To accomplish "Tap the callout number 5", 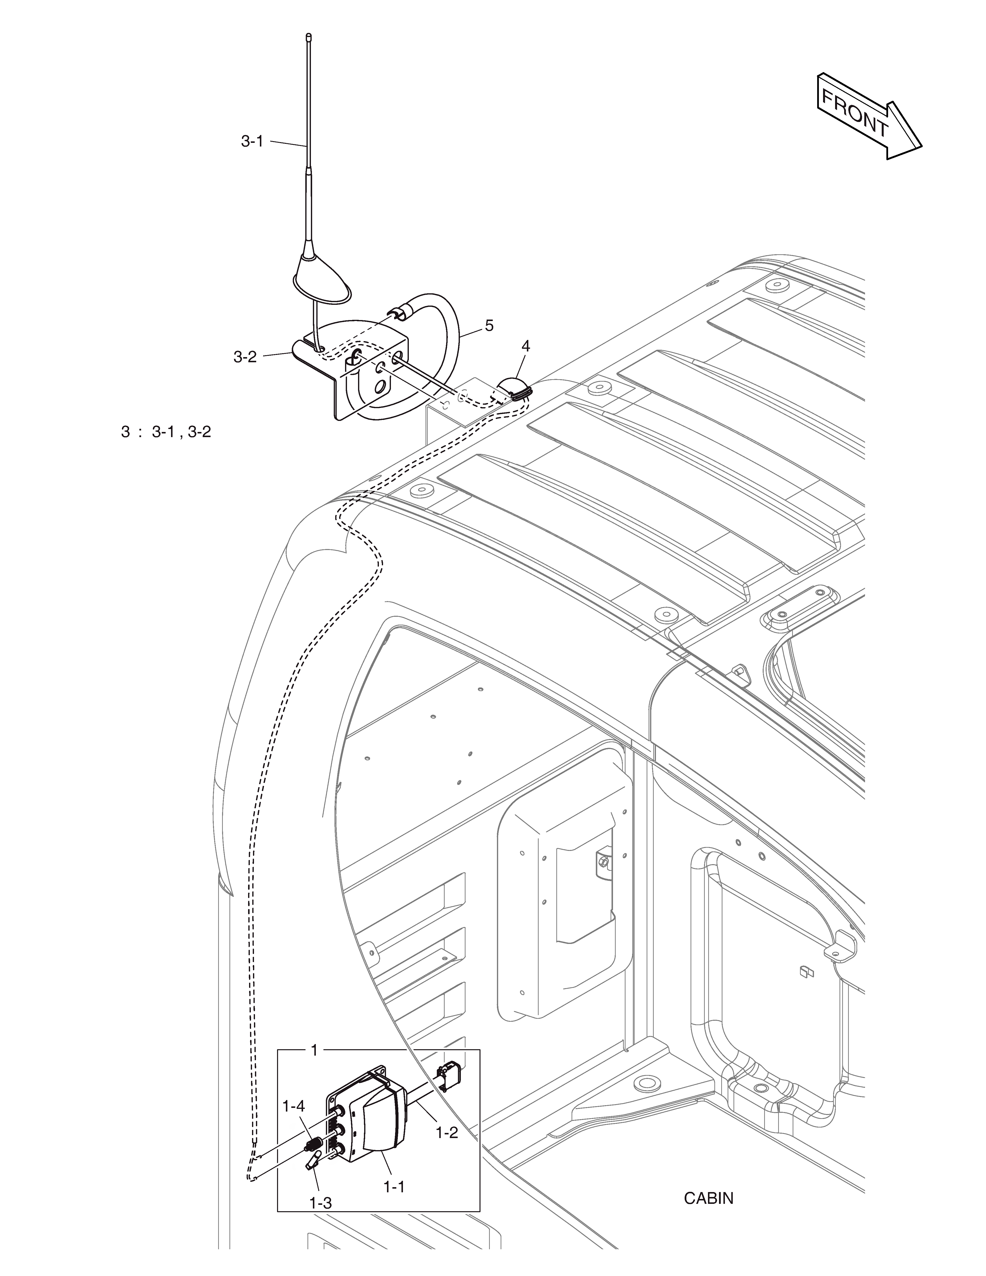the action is (x=489, y=325).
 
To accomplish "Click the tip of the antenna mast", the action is (x=308, y=36).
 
